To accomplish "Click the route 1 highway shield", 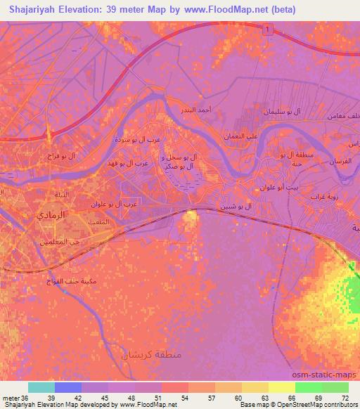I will click(x=267, y=29).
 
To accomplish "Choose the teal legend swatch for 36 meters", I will click(x=41, y=388).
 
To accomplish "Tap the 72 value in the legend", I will click(x=343, y=398).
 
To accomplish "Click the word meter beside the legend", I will click(x=10, y=398).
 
